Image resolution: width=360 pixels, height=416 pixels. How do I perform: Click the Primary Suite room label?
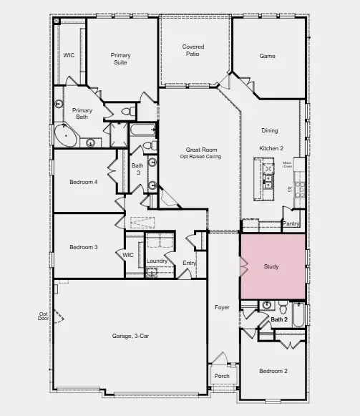(x=120, y=59)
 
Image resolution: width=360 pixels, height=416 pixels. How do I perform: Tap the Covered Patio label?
(x=193, y=51)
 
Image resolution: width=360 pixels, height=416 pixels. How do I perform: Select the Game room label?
(x=268, y=55)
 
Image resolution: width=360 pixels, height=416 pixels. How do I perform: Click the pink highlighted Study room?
(x=272, y=267)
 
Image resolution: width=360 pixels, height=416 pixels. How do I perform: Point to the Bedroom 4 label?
(x=83, y=182)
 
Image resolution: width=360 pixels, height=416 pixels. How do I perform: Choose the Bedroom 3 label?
(x=83, y=248)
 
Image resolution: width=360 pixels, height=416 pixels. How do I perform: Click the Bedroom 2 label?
(x=273, y=371)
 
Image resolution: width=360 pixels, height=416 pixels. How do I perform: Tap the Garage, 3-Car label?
(x=130, y=336)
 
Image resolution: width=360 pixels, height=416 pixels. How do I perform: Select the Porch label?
(x=222, y=376)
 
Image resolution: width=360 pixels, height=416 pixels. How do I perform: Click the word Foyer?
(x=223, y=307)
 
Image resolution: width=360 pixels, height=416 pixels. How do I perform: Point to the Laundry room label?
(x=157, y=261)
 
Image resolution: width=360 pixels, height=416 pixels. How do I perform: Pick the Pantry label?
(x=291, y=223)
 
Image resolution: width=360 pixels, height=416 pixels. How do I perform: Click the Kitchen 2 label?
(x=271, y=147)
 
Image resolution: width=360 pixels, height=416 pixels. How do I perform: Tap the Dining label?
(x=270, y=130)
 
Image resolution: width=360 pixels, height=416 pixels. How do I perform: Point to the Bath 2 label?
(x=278, y=319)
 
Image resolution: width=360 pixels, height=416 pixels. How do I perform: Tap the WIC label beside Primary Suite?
(x=69, y=54)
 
